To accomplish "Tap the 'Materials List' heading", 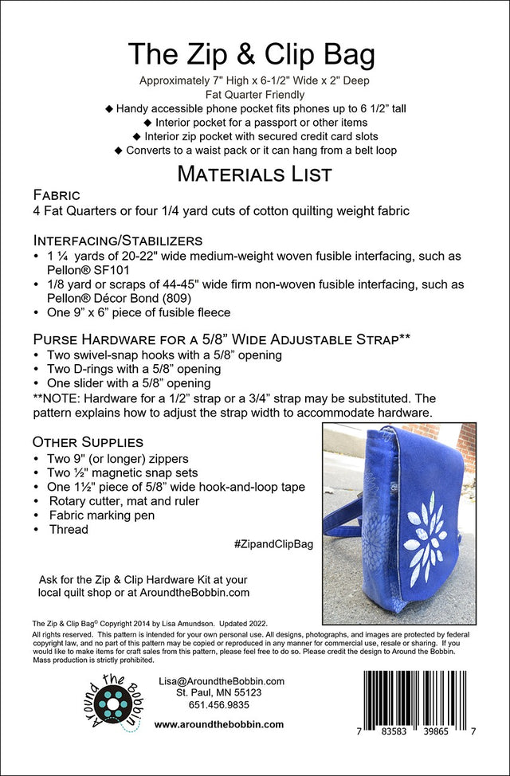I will coord(254,173).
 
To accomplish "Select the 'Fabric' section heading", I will coord(56,195).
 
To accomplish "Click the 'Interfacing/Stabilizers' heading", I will coord(118,241).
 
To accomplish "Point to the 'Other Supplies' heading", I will coord(88,441).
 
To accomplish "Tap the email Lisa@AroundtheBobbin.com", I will coord(222,682).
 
